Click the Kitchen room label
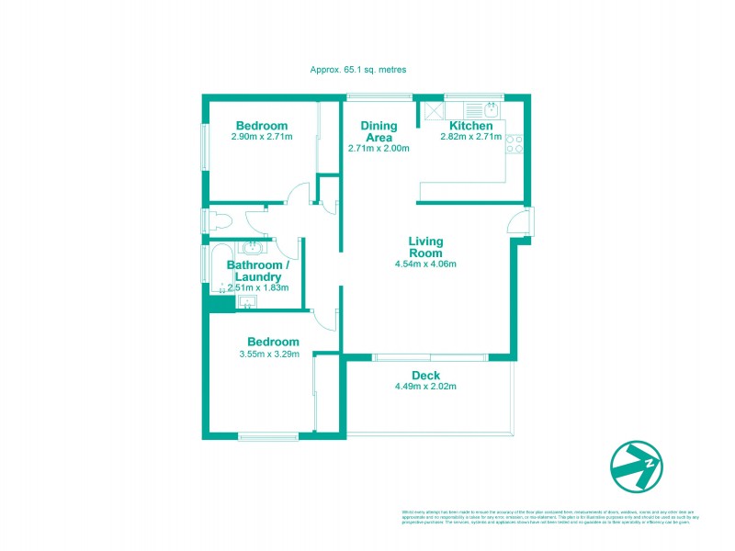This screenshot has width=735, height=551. pos(470,126)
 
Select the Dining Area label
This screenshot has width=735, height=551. pos(379,131)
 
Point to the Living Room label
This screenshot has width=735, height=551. pos(426,247)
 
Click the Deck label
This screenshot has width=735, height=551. pos(425,375)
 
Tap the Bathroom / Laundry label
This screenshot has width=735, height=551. pos(258,271)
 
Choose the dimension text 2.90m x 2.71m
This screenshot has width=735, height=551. pos(262,138)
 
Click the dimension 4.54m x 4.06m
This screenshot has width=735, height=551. pos(426,264)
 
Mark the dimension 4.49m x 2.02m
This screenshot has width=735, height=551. pos(425,387)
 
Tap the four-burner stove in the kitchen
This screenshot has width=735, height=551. pos(514,142)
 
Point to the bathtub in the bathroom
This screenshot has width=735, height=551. pos(220,268)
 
